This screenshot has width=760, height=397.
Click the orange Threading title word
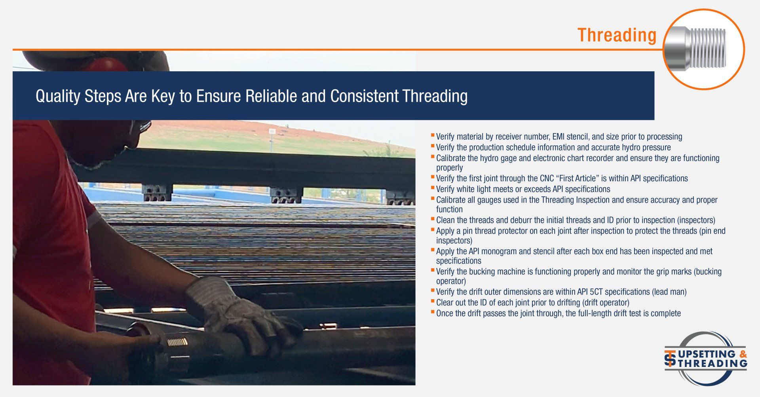[617, 35]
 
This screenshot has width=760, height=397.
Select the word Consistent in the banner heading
[364, 96]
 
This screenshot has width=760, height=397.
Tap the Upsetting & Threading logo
[705, 359]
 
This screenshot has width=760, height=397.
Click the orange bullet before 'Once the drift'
[433, 312]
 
